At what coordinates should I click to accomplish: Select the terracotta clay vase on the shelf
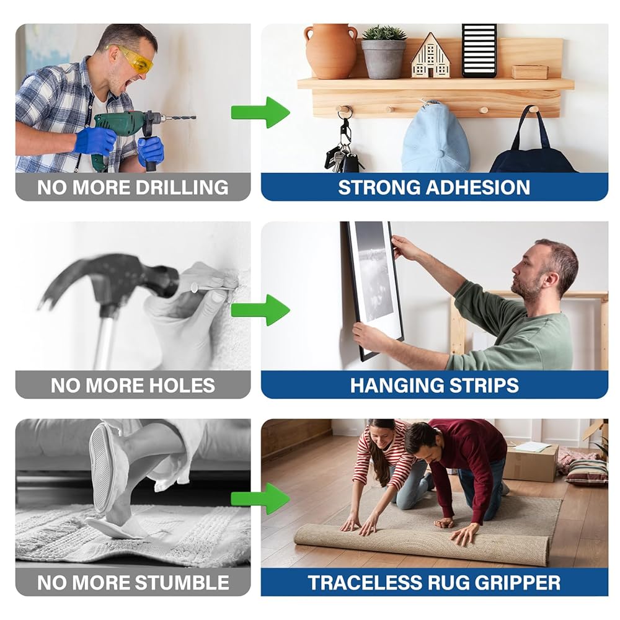tap(331, 51)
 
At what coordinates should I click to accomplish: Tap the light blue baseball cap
tap(435, 137)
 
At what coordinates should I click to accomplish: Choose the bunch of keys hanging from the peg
tap(342, 148)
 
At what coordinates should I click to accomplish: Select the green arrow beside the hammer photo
tap(260, 310)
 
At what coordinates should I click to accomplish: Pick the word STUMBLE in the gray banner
tap(182, 583)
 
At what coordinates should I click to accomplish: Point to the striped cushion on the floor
tap(587, 472)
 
